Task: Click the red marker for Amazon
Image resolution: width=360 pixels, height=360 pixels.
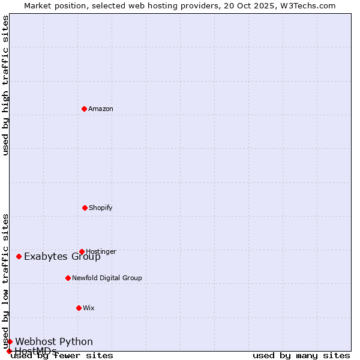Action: pos(84,109)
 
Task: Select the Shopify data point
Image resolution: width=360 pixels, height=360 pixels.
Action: pos(85,208)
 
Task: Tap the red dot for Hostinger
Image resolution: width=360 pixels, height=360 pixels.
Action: pos(82,251)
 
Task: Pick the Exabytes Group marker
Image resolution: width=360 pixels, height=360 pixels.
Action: pos(19,256)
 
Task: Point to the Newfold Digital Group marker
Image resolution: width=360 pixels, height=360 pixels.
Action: pos(68,278)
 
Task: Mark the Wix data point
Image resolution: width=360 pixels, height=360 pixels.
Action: pos(79,308)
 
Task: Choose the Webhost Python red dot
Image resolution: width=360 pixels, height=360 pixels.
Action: pos(10,341)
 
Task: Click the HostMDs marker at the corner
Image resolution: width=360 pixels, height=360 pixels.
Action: pos(9,351)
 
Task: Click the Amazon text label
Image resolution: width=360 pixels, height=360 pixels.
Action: pos(101,109)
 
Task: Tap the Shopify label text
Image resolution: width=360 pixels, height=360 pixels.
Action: pos(101,208)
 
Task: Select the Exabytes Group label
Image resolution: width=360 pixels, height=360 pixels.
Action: pos(62,257)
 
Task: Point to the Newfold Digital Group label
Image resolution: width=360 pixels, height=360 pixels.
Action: pos(107,278)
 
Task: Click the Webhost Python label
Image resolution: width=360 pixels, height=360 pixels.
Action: pos(54,342)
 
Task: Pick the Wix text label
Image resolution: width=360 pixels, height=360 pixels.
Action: pos(89,308)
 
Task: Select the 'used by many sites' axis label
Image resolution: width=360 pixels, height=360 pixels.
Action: pos(301,356)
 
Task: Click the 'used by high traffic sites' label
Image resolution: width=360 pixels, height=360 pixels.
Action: pos(6,85)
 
